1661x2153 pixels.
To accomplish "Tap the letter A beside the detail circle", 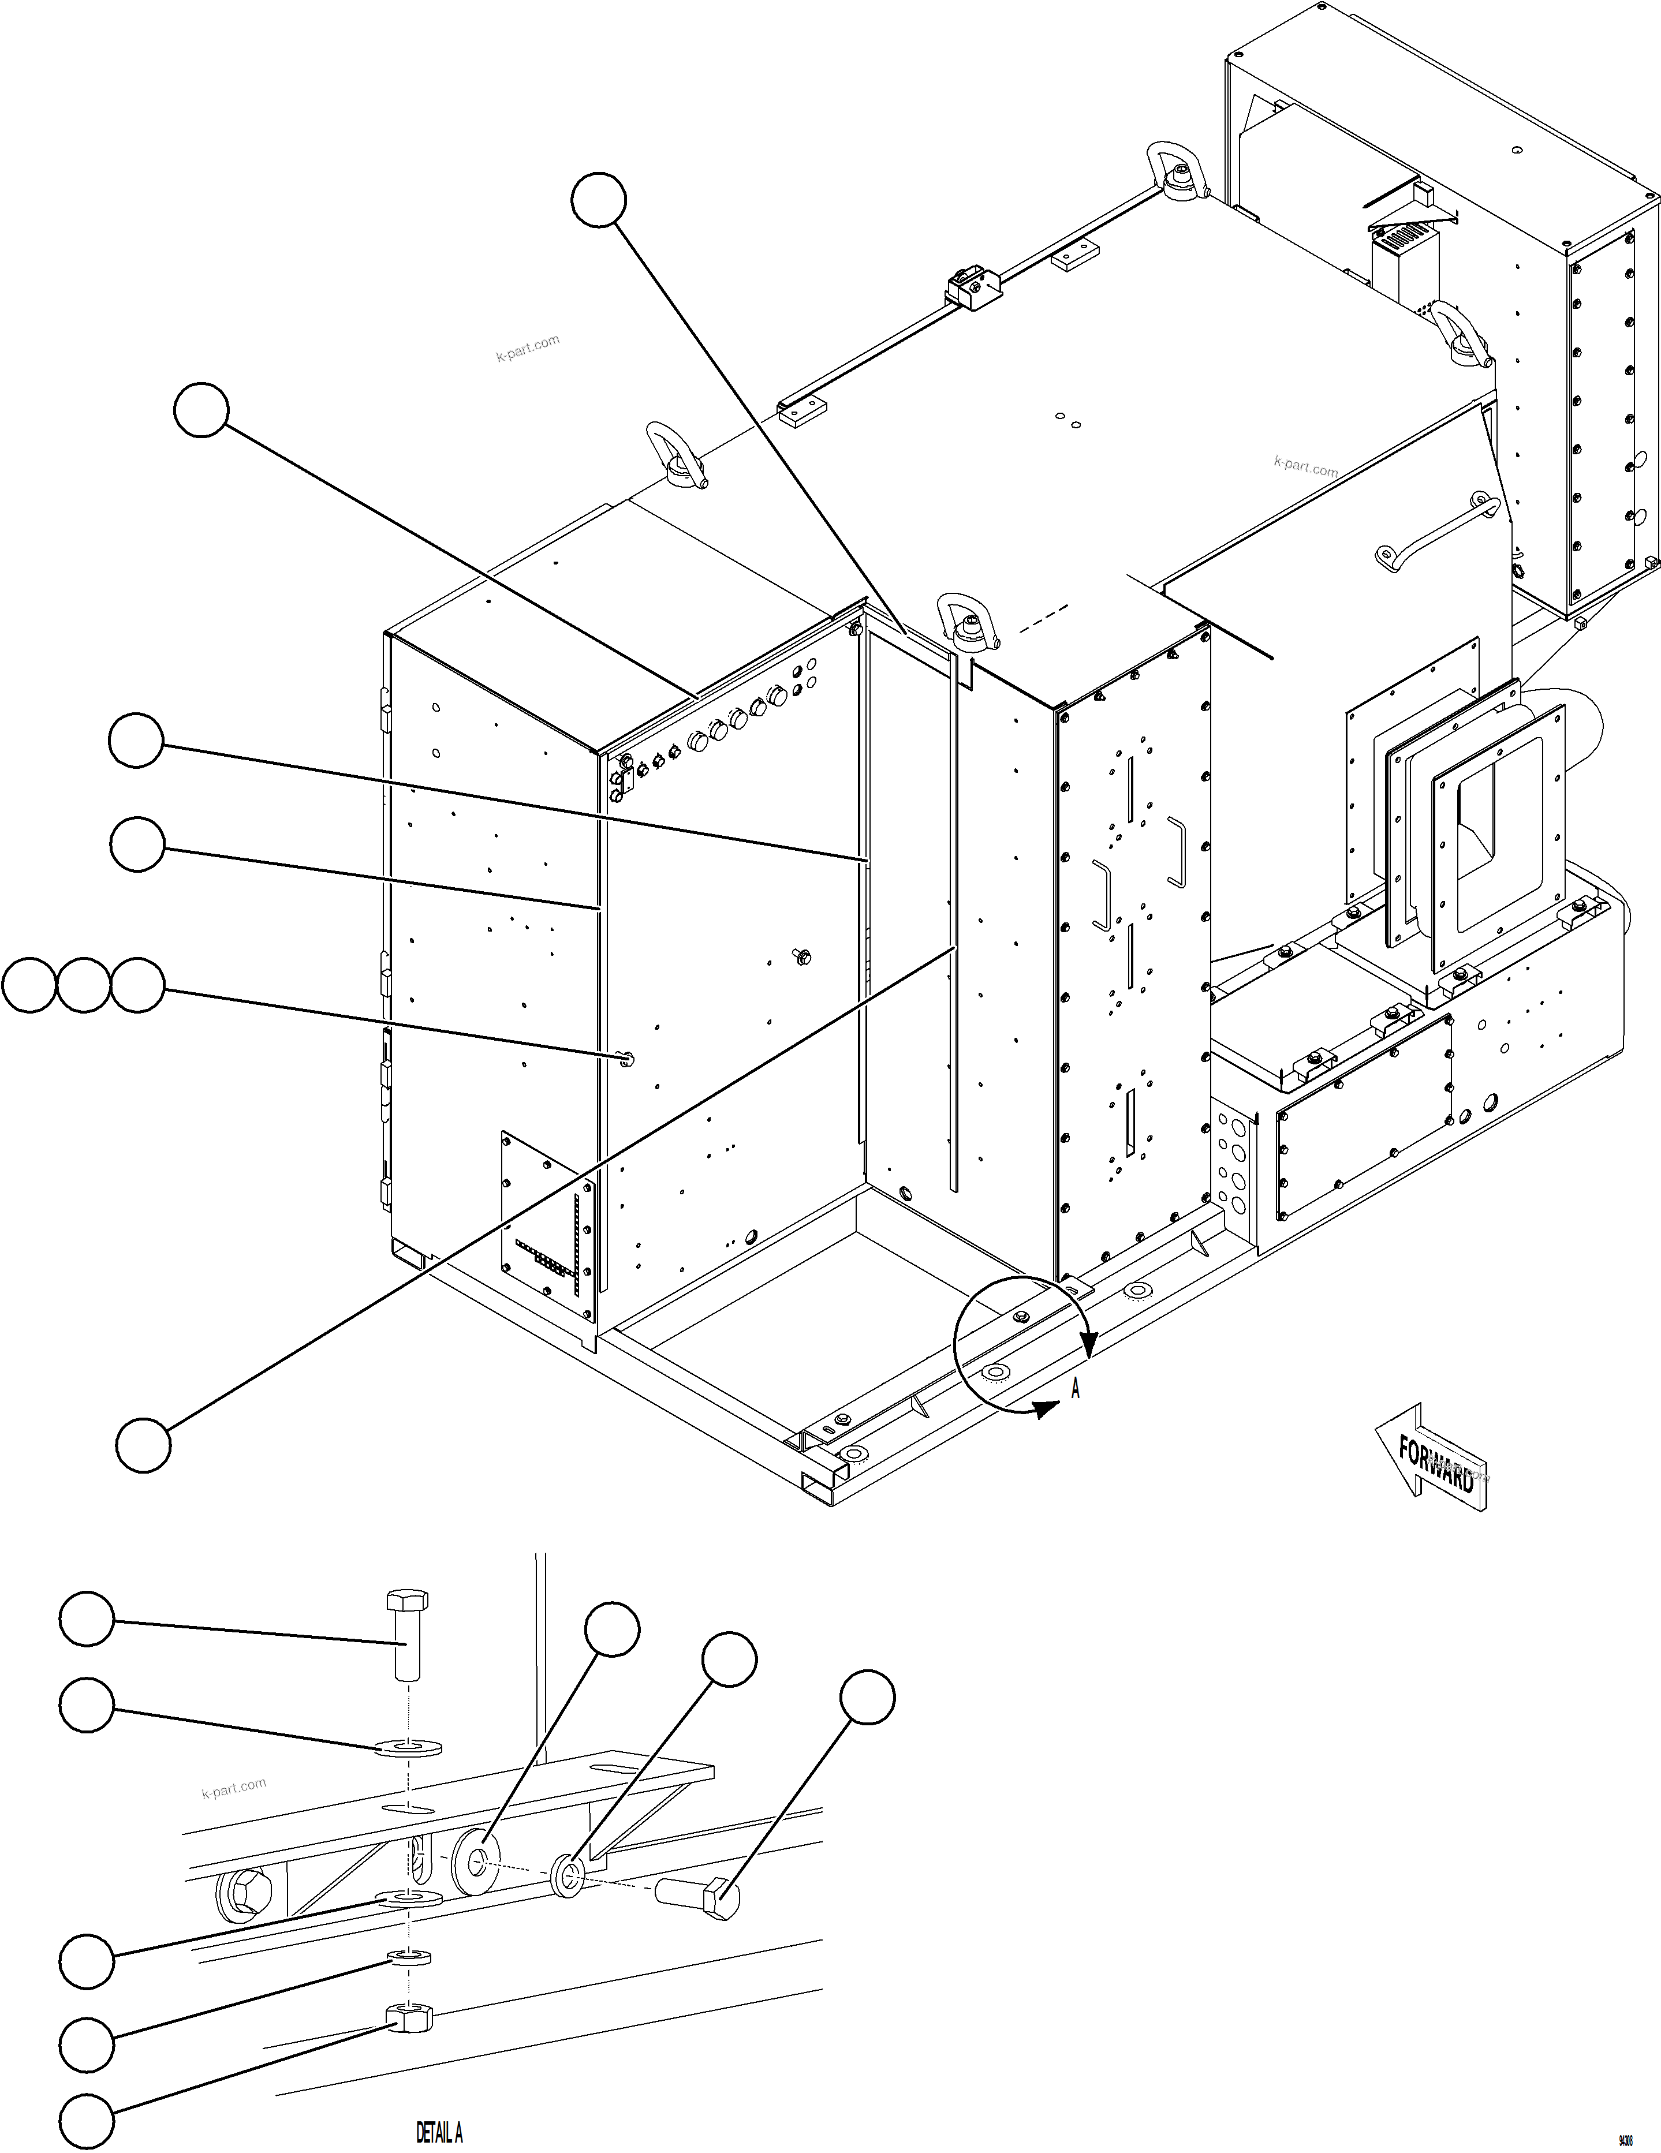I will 1076,1389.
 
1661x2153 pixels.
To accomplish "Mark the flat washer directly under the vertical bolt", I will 408,1749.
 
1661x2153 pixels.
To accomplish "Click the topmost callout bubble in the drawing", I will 598,200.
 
